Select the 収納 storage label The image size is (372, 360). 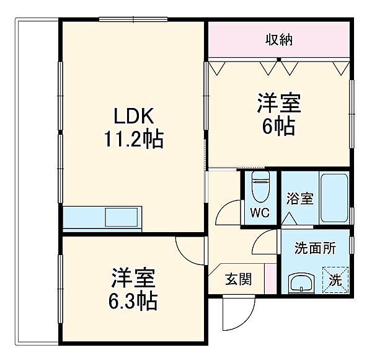280,40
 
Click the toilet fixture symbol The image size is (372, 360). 260,189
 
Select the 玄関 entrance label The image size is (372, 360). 239,279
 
